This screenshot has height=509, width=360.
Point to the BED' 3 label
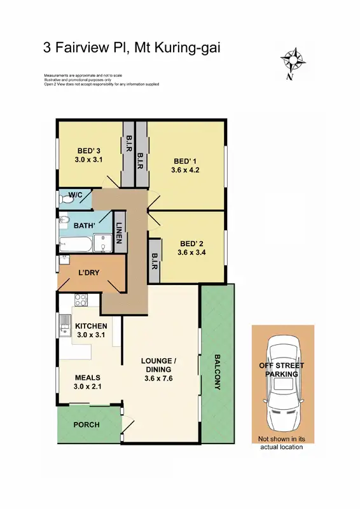tap(88, 150)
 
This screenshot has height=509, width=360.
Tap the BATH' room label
tap(85, 225)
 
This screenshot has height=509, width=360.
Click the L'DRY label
tap(87, 273)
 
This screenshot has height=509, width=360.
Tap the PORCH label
tap(87, 424)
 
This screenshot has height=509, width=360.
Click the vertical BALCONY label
tap(217, 372)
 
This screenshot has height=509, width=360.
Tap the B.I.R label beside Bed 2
tap(155, 261)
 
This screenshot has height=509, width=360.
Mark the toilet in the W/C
tap(63, 199)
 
